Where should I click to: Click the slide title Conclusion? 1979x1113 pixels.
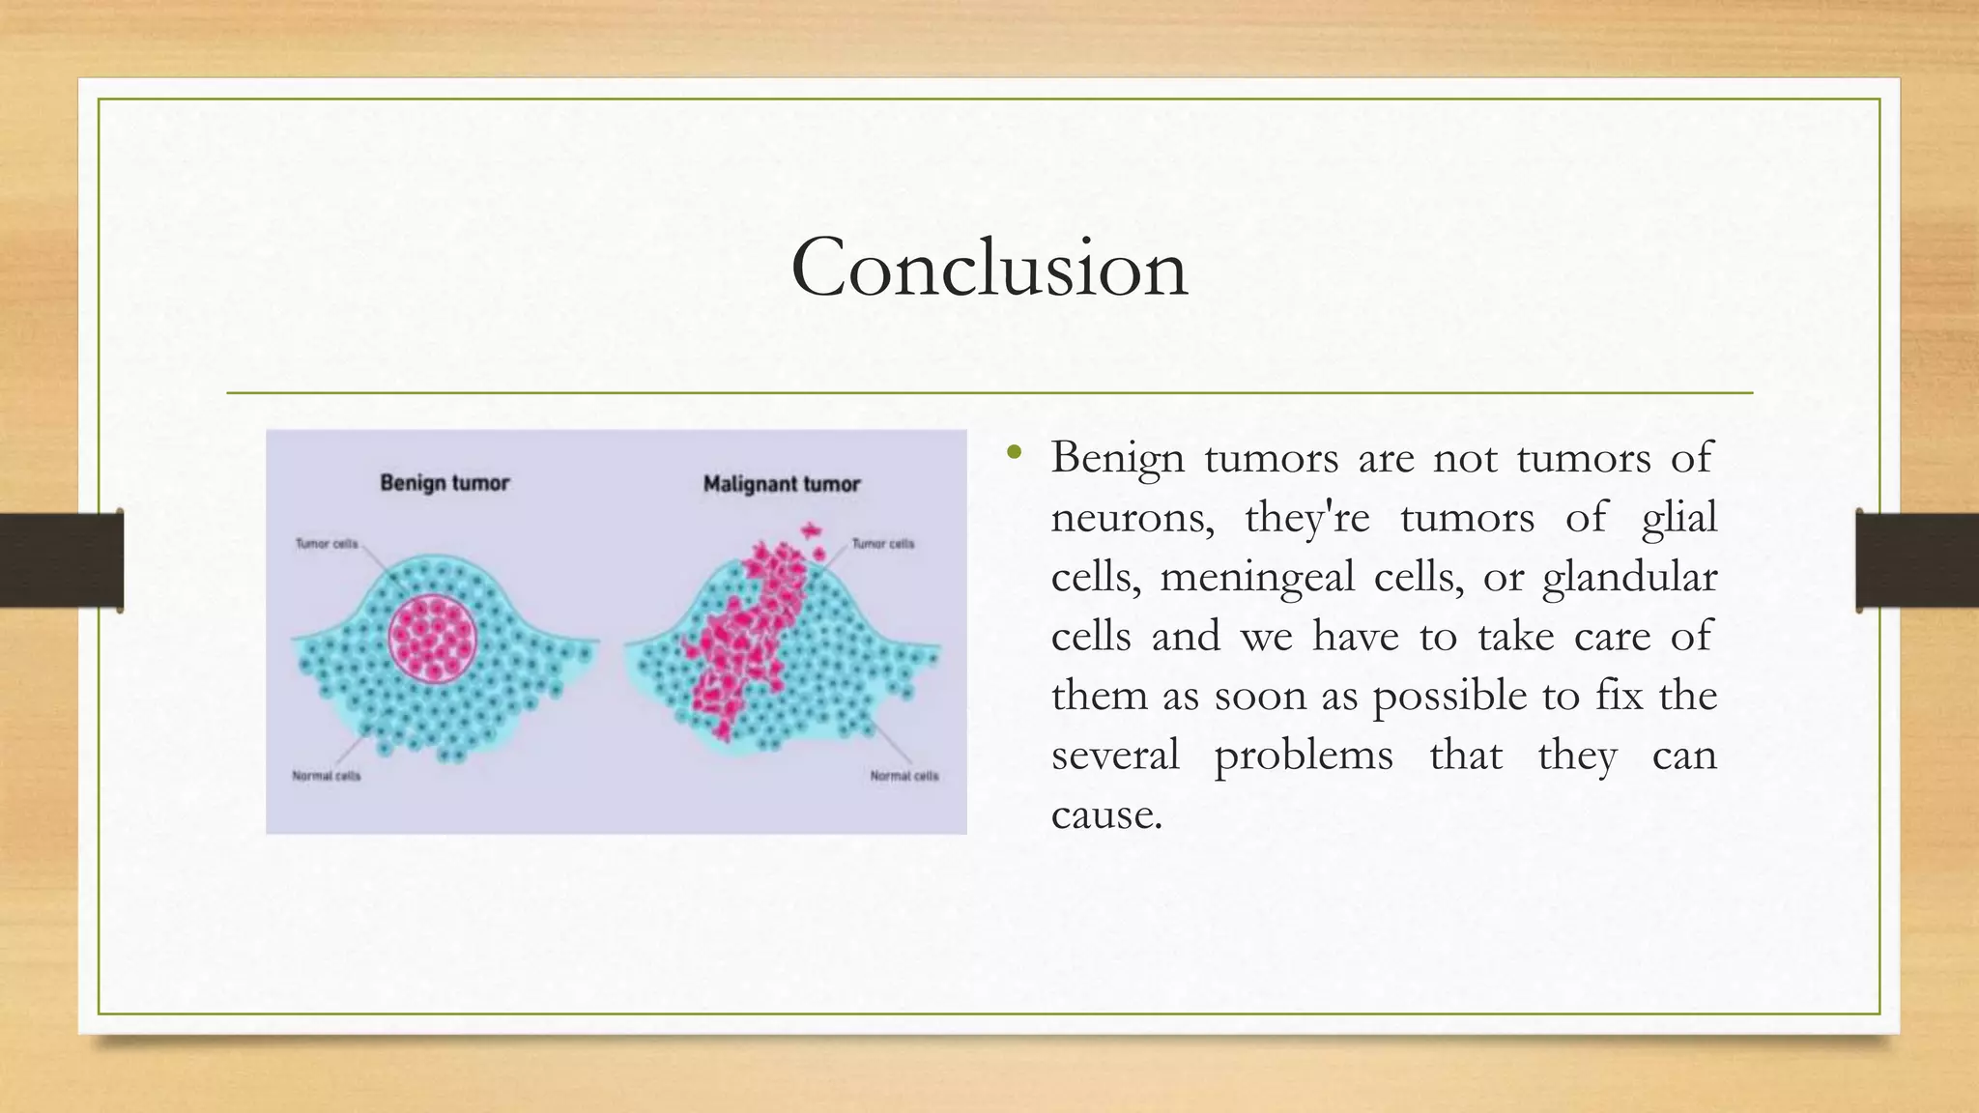(989, 268)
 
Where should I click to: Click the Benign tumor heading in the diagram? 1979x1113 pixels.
(445, 482)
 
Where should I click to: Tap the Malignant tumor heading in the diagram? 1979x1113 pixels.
(781, 484)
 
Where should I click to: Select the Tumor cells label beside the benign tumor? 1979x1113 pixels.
(327, 544)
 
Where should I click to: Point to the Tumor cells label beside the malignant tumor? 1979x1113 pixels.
(882, 544)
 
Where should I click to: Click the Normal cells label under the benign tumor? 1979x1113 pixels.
(327, 776)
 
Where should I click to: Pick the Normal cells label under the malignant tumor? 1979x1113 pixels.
(903, 776)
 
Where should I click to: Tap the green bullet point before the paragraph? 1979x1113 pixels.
(1013, 451)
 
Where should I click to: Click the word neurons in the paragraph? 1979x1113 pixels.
(1132, 518)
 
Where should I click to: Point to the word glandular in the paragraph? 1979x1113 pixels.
(1629, 578)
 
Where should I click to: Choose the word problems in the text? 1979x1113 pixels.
(1303, 756)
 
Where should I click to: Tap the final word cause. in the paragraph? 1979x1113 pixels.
(1106, 814)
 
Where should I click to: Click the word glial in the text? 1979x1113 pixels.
(1678, 518)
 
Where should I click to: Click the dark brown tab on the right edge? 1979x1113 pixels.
(1917, 560)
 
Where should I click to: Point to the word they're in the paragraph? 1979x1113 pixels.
(1306, 518)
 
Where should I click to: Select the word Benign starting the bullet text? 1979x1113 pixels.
(1117, 458)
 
